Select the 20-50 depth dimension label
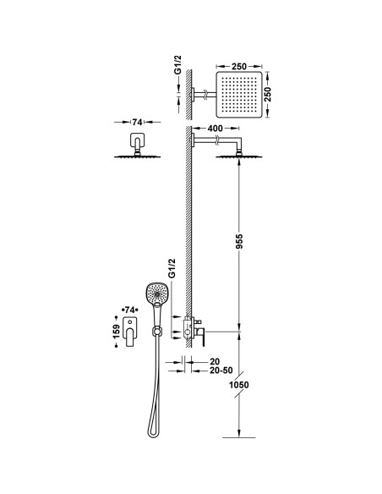point(209,370)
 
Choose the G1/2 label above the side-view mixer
point(172,269)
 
